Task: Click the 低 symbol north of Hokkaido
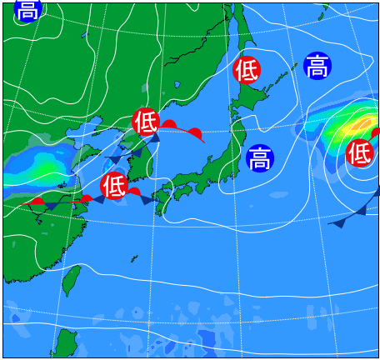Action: click(x=247, y=70)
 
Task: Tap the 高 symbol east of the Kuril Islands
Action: click(x=317, y=66)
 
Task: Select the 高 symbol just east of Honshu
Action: click(x=260, y=157)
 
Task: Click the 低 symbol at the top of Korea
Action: click(x=146, y=122)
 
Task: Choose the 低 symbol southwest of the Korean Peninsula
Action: click(x=114, y=184)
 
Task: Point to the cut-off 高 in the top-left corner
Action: click(x=27, y=9)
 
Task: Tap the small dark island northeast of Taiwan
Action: click(x=133, y=258)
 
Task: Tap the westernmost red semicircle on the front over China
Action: click(x=37, y=200)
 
